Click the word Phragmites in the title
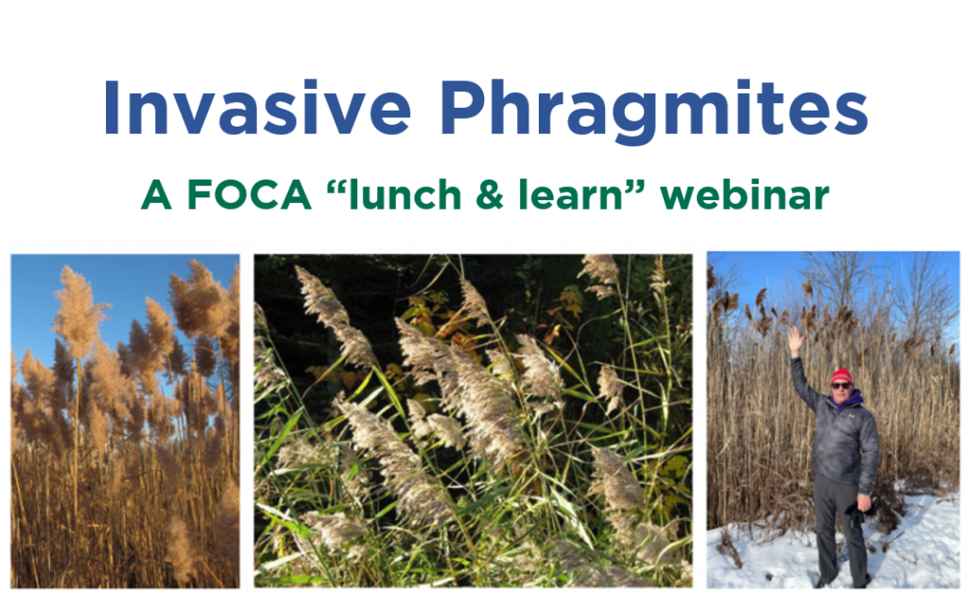click(653, 110)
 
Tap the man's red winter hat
click(841, 375)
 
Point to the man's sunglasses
click(840, 384)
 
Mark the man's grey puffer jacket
click(841, 435)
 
